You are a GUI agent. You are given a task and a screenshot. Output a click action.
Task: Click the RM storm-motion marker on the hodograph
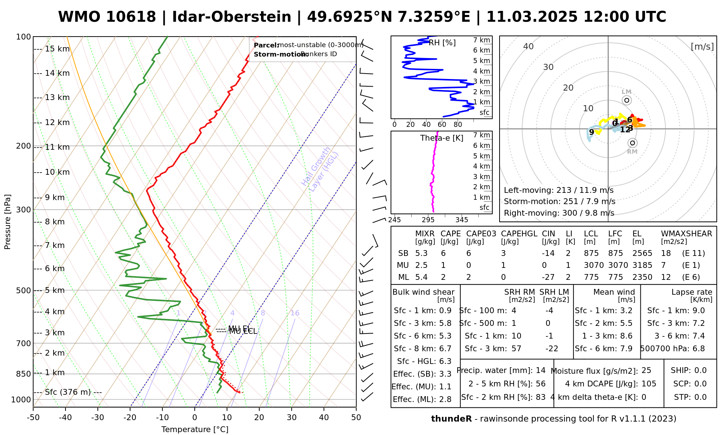click(632, 143)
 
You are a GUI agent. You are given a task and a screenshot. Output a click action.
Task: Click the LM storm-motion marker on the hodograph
click(627, 100)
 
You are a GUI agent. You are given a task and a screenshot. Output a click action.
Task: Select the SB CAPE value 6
click(443, 253)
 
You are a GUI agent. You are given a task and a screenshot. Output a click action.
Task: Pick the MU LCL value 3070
click(594, 265)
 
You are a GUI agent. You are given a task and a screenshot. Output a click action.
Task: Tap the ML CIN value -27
click(548, 277)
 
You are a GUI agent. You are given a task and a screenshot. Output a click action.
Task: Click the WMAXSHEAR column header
click(686, 234)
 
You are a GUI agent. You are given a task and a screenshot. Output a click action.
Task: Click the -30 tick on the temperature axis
click(98, 418)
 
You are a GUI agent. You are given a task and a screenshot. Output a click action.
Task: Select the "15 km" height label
click(57, 49)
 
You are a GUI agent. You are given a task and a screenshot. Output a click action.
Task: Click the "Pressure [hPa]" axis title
click(8, 222)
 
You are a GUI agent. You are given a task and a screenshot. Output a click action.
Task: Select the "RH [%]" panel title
click(442, 43)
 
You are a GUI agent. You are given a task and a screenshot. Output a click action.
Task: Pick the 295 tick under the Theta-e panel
click(428, 220)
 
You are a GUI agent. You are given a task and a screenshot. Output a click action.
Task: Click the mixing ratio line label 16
click(295, 313)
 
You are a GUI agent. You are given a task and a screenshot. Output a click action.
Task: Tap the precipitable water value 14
click(540, 370)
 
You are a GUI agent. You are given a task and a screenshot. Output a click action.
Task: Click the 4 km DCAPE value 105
click(649, 384)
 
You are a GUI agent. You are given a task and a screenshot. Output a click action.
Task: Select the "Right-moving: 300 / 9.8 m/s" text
click(559, 213)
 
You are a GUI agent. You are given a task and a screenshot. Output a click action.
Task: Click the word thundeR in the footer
click(451, 419)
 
